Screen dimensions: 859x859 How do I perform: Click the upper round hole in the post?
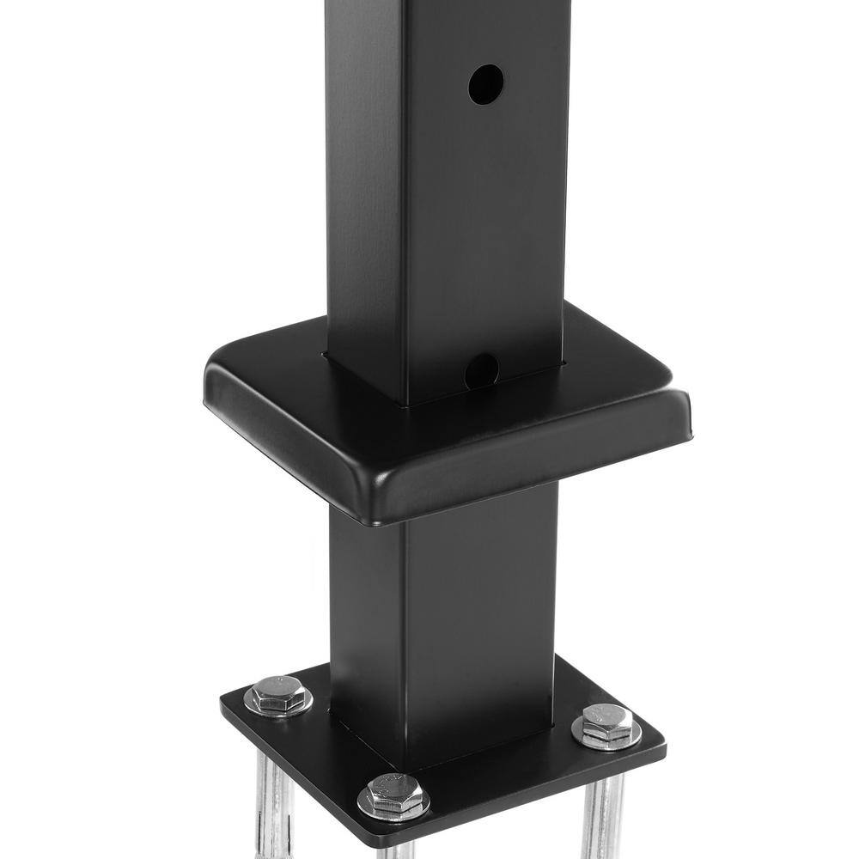[x=485, y=84]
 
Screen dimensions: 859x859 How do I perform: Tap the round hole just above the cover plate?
[x=481, y=370]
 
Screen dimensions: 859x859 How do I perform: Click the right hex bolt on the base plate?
[x=606, y=725]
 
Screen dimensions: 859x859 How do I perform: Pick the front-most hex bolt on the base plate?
[x=393, y=795]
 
